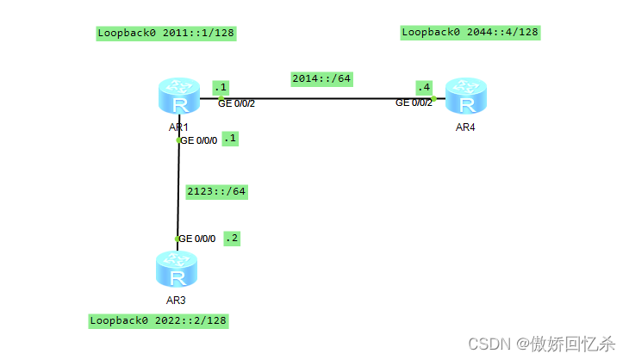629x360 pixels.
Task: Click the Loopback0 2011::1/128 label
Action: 165,34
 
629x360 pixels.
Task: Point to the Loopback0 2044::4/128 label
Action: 470,33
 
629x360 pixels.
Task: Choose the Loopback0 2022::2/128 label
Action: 159,320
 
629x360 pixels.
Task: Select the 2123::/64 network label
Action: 217,191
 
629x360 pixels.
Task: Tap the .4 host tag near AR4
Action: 423,88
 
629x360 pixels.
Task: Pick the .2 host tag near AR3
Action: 231,238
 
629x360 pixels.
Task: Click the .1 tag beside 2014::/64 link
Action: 221,87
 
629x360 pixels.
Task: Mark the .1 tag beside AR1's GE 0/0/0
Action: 230,138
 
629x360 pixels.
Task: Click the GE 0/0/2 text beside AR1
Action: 236,103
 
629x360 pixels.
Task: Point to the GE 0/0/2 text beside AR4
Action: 414,103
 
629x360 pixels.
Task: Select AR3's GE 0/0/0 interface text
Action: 197,239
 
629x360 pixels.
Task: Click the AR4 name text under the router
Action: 465,127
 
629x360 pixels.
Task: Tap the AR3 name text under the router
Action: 177,301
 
